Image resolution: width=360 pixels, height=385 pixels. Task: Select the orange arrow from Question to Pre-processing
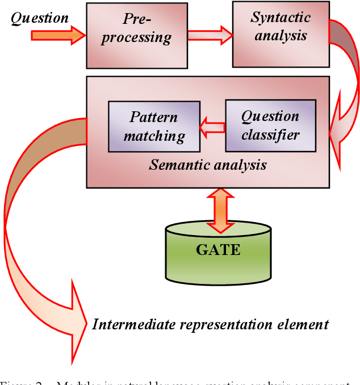pyautogui.click(x=57, y=36)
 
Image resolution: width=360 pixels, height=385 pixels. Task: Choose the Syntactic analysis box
pyautogui.click(x=281, y=34)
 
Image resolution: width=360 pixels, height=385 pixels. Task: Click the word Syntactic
pyautogui.click(x=281, y=18)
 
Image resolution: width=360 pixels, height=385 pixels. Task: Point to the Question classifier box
pyautogui.click(x=270, y=126)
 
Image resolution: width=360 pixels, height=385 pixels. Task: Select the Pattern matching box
pyautogui.click(x=154, y=126)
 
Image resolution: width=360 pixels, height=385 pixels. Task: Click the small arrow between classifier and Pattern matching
pyautogui.click(x=212, y=126)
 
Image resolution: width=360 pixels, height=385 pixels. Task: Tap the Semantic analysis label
pyautogui.click(x=208, y=165)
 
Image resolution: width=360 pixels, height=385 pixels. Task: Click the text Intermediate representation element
pyautogui.click(x=210, y=325)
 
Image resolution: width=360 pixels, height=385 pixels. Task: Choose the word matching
pyautogui.click(x=154, y=136)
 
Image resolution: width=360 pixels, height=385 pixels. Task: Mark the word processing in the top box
pyautogui.click(x=140, y=39)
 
